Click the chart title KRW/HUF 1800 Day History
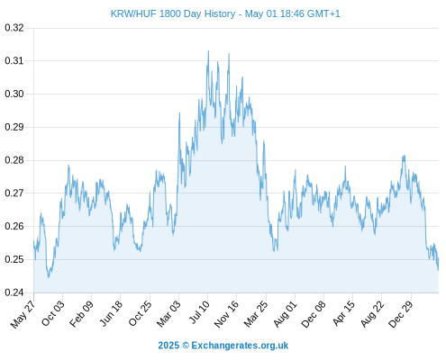point(173,13)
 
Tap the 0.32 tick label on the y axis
point(14,28)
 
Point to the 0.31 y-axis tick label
point(14,61)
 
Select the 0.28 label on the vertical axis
point(14,160)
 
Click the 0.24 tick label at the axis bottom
point(14,292)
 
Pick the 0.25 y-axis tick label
point(14,259)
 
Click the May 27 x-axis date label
point(23,314)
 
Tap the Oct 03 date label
point(53,313)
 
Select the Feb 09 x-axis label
point(81,314)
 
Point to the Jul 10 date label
point(199,312)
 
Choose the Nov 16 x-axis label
point(226,314)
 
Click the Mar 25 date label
point(256,314)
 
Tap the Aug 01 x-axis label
point(285,314)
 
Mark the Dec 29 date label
point(400,314)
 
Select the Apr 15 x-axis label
point(343,313)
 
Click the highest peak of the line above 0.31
point(208,51)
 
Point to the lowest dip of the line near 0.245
point(49,277)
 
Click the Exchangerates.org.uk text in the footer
point(240,346)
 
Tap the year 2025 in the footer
point(168,346)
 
